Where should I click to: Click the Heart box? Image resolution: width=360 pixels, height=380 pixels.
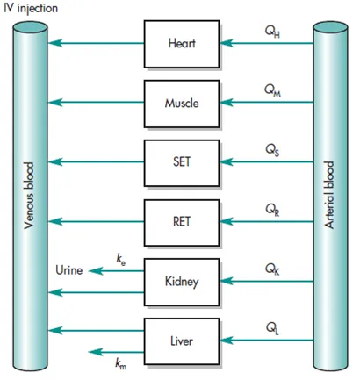pos(182,42)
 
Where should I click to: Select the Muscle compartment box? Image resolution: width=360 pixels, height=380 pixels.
pos(182,103)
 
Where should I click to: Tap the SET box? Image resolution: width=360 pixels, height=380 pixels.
pos(182,161)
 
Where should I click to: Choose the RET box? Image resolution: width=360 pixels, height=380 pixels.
pos(182,221)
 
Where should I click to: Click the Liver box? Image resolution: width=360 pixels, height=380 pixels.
pos(182,340)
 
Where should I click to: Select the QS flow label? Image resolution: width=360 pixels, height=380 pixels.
pos(273,148)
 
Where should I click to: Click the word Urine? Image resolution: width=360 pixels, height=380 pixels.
pos(69,271)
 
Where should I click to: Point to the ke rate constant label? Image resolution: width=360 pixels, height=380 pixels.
pos(121,258)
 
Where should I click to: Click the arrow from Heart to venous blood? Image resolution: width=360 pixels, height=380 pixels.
pos(97,42)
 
